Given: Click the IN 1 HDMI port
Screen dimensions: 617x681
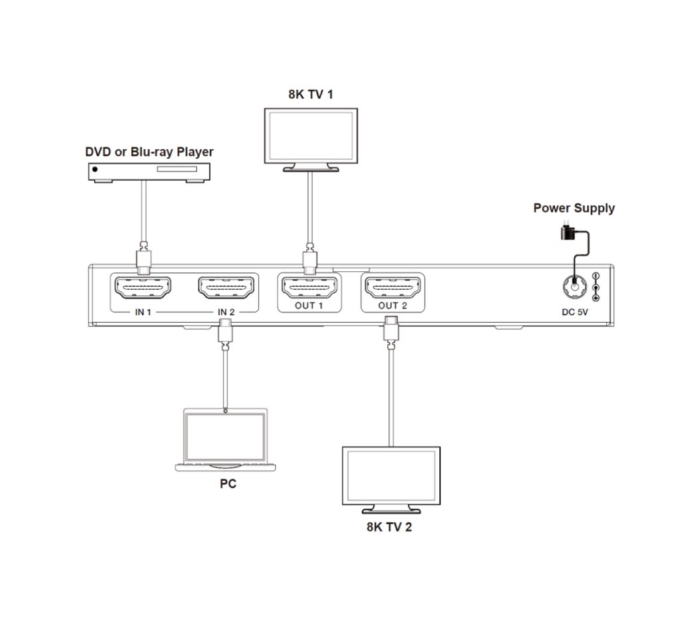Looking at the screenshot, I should (144, 288).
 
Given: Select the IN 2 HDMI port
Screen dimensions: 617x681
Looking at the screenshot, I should (227, 288).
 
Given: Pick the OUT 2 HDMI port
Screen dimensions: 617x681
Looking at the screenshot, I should (392, 288).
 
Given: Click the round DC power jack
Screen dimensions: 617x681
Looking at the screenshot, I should (571, 288).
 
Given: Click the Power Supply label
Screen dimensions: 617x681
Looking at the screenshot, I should (574, 208).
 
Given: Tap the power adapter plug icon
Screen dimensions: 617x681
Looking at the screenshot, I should (568, 232).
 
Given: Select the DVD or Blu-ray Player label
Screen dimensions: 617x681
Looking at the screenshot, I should (149, 152).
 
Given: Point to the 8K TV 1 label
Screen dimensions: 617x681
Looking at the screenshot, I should (311, 94).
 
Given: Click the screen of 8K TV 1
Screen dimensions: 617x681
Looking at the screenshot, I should (311, 136).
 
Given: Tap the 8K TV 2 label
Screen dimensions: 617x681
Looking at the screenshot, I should (391, 528).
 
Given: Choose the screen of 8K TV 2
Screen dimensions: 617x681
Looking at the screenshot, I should (390, 474).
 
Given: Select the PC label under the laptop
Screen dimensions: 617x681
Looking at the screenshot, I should (228, 484).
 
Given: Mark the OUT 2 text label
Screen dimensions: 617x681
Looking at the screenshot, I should (392, 306).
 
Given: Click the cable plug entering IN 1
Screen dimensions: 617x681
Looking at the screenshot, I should (144, 260).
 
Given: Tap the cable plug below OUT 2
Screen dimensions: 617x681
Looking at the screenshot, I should (391, 331).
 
